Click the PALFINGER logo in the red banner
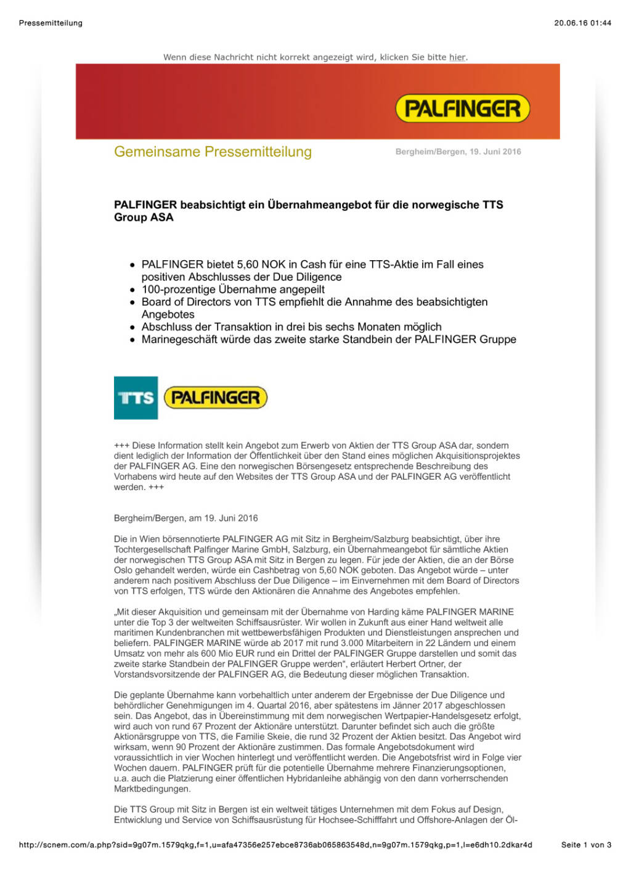462,109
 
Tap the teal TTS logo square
136,398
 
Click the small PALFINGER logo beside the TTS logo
216,398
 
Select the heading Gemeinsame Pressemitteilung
213,152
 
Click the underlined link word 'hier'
457,57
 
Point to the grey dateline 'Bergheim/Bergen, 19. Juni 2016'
458,152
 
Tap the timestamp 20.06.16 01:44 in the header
582,23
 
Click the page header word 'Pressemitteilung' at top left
51,23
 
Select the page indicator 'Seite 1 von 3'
586,845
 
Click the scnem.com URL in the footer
275,845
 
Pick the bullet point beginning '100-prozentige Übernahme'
233,289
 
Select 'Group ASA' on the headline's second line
144,217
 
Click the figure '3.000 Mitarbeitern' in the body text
377,643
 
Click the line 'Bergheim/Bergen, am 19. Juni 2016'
185,518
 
